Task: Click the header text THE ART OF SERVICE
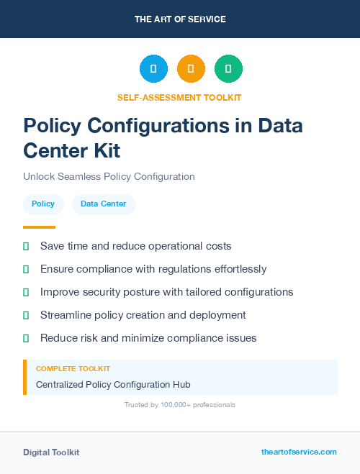[180, 19]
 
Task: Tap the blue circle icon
[153, 69]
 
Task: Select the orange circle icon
[191, 69]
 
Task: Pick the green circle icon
[228, 69]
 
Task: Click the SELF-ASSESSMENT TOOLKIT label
[179, 97]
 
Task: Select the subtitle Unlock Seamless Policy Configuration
[109, 176]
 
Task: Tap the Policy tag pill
[43, 204]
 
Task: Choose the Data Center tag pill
[103, 204]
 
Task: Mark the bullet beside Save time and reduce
[26, 246]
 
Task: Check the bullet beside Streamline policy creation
[26, 315]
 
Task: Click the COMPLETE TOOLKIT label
[73, 368]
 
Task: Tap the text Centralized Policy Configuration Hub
[113, 385]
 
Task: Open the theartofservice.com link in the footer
[299, 452]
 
